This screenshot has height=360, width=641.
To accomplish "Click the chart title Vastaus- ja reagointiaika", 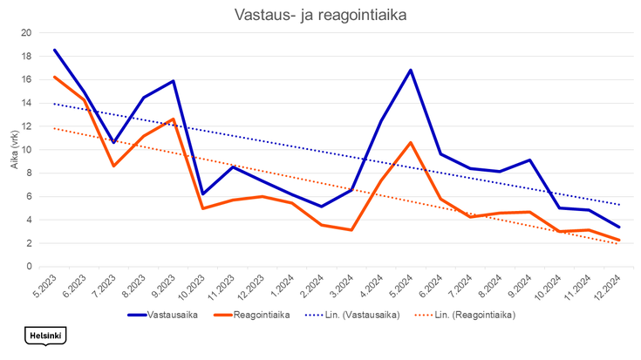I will pyautogui.click(x=320, y=16).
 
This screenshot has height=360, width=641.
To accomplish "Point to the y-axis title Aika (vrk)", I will pyautogui.click(x=14, y=148).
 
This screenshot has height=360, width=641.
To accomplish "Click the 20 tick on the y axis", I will pyautogui.click(x=26, y=33).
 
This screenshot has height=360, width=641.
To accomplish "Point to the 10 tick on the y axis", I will pyautogui.click(x=26, y=150).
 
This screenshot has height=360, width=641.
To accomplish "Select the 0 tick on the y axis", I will pyautogui.click(x=29, y=267).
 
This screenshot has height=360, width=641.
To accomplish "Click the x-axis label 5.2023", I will pyautogui.click(x=44, y=284).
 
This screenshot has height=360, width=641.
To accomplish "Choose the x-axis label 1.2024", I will pyautogui.click(x=282, y=284).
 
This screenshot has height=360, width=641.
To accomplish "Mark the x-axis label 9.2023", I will pyautogui.click(x=163, y=284).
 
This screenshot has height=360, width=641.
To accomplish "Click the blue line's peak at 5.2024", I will pyautogui.click(x=410, y=71).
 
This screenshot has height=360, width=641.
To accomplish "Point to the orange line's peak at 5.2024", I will pyautogui.click(x=410, y=142).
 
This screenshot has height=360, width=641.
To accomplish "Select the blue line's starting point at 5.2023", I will pyautogui.click(x=54, y=50).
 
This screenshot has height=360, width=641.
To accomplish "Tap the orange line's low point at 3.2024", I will pyautogui.click(x=351, y=230).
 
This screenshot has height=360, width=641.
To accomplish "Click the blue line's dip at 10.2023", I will pyautogui.click(x=202, y=194).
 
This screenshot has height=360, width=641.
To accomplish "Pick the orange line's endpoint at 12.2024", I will pyautogui.click(x=618, y=241).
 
